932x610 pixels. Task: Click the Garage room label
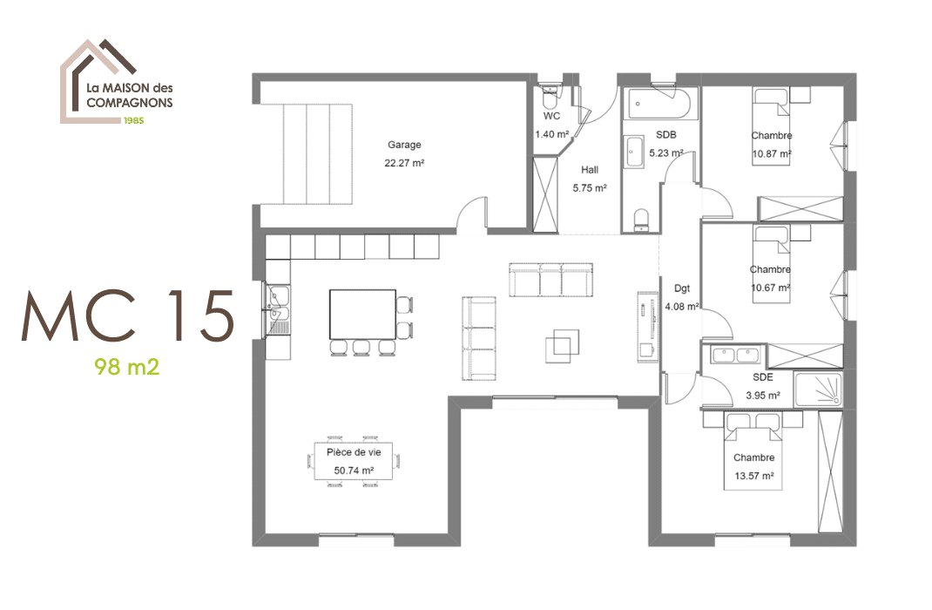coord(404,145)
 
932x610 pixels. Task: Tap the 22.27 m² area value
coord(404,163)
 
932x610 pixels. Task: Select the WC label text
coord(551,116)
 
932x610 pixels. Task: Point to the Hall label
coord(590,170)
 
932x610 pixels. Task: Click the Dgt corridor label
coord(681,288)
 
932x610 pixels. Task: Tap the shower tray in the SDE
coord(818,390)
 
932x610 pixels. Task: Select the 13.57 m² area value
coord(753,477)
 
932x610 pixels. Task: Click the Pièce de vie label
coord(354,452)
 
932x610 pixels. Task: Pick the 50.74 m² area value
coord(354,471)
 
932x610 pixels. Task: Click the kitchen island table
coord(361,314)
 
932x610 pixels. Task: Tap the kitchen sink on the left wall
coord(278,309)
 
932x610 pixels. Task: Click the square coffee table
coord(563,345)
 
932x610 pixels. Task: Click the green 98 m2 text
coord(127,367)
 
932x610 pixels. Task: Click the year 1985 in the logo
coord(132,119)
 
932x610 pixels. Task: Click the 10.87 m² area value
coord(772,154)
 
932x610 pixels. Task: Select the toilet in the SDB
coord(642,219)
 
